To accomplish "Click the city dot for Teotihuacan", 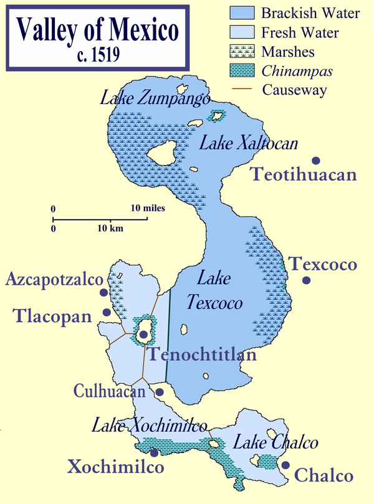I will click(317, 160).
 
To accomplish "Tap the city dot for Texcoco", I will click(306, 280).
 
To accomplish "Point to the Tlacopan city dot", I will click(107, 312).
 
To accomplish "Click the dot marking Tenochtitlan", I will click(144, 335).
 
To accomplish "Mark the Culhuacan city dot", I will click(160, 392).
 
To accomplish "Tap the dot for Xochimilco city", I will click(154, 453).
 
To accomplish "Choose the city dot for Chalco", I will click(285, 465).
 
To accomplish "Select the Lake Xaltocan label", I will click(249, 144).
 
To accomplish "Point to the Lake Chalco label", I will click(275, 443).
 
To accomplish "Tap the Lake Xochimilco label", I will click(150, 427).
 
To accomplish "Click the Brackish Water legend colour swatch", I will click(242, 12).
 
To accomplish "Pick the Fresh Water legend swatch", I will click(242, 32).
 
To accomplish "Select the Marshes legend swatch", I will click(242, 51).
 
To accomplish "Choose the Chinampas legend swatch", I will click(242, 70).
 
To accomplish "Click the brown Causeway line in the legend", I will click(242, 90).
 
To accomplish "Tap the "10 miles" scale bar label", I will click(148, 208).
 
